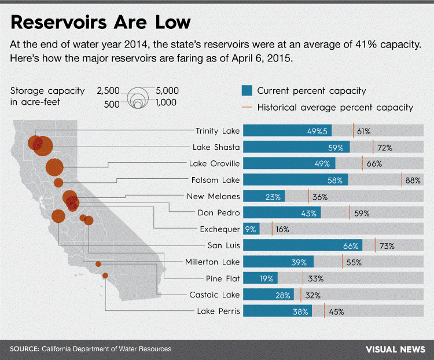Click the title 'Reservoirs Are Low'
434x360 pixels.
101,22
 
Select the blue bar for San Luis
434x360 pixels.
303,245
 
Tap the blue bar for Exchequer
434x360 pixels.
251,229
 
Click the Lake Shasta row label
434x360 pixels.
218,147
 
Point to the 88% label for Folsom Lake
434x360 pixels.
413,181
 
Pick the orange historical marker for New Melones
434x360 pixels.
308,196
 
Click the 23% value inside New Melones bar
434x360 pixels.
273,197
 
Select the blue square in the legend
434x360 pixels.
247,90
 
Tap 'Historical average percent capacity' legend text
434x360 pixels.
334,107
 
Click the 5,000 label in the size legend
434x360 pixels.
167,91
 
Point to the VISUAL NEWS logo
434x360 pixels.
395,349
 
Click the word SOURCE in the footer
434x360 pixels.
24,349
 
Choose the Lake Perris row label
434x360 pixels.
218,311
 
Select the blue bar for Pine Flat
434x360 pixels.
260,278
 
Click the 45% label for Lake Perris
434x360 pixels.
336,311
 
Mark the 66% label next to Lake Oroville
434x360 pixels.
374,164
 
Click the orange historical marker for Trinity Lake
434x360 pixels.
353,130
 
